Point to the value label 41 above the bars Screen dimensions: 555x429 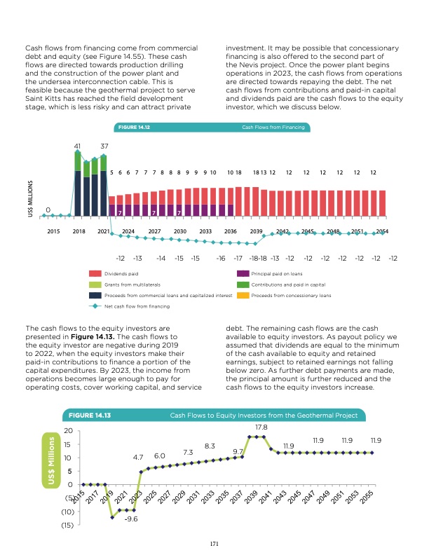coord(79,146)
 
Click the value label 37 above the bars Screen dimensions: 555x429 coord(104,146)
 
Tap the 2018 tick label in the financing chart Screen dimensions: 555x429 coord(78,231)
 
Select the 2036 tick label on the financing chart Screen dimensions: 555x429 coord(230,231)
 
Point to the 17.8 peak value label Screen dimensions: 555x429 coord(260,426)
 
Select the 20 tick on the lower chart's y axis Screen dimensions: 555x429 coord(68,431)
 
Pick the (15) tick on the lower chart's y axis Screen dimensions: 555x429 coord(67,526)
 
